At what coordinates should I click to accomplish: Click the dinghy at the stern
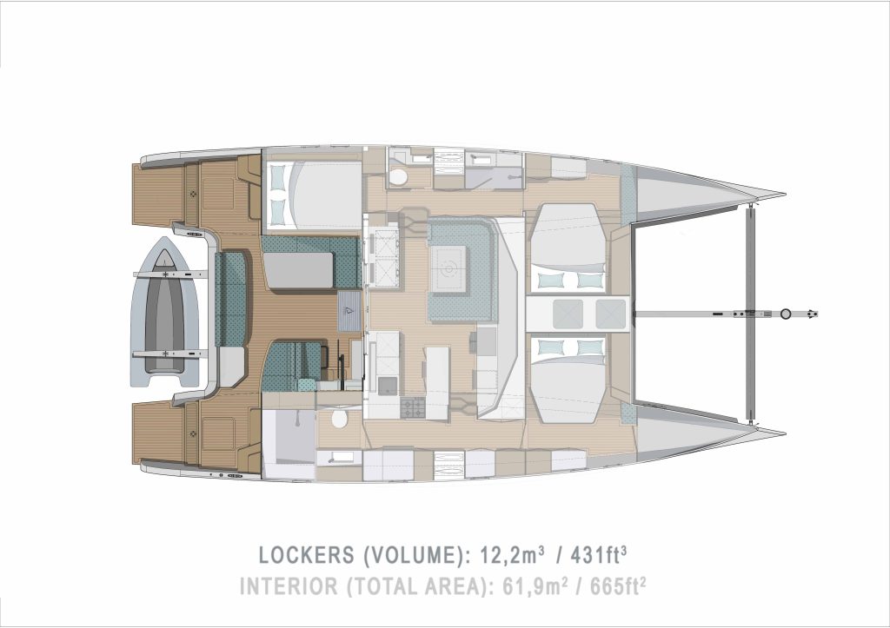[164, 312]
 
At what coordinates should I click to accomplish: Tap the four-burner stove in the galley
[413, 407]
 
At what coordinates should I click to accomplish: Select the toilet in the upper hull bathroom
[398, 176]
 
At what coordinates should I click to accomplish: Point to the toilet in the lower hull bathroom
[340, 420]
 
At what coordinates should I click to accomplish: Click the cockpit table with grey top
[298, 271]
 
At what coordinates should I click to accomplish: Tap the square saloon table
[449, 269]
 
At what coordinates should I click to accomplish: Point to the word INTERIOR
[289, 586]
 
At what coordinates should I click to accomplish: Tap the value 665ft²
[618, 585]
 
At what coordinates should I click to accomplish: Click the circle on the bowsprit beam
[786, 314]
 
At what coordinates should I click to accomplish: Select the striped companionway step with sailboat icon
[349, 310]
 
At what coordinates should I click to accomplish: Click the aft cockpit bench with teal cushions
[230, 299]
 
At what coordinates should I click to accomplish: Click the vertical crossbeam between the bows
[753, 313]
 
